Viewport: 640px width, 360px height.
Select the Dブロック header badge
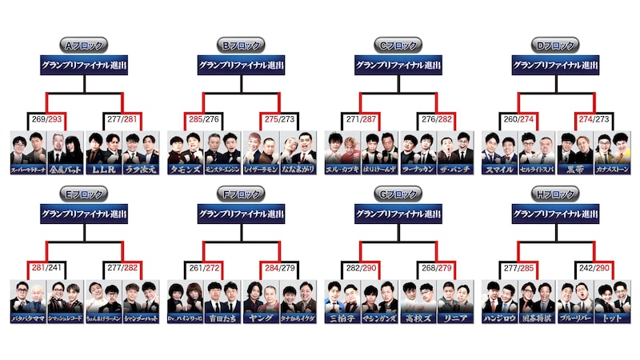(x=554, y=46)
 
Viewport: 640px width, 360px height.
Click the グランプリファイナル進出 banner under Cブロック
(x=398, y=66)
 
